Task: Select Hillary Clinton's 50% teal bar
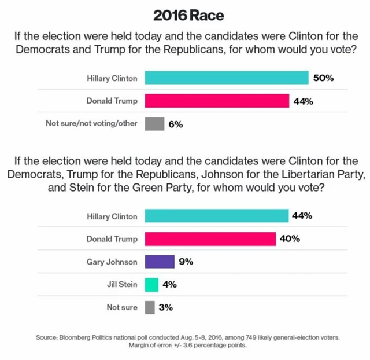click(226, 78)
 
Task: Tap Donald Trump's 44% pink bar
click(217, 101)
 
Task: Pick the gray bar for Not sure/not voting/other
click(153, 123)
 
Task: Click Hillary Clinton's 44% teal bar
click(217, 216)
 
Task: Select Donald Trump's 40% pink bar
click(210, 238)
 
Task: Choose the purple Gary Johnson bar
click(160, 262)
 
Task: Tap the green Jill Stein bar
click(151, 284)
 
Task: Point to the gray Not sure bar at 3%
click(150, 307)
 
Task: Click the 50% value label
click(324, 78)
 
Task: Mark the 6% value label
click(176, 124)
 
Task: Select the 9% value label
click(185, 262)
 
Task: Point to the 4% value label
click(169, 284)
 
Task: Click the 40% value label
click(290, 239)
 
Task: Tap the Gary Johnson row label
click(112, 262)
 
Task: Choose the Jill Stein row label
click(122, 284)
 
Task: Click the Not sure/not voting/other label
click(91, 123)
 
